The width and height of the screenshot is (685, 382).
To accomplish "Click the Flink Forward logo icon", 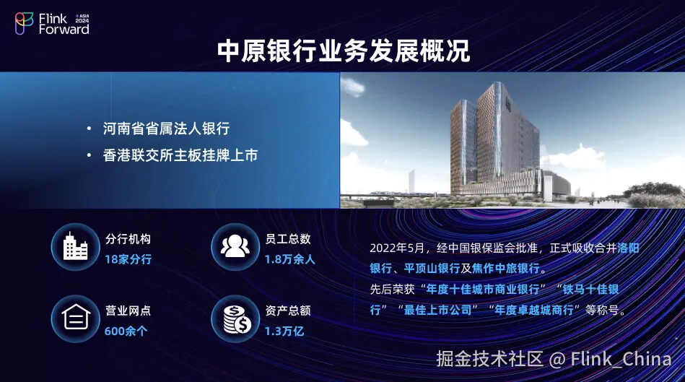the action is tap(24, 23).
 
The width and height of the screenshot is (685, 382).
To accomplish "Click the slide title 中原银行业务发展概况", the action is tap(344, 51).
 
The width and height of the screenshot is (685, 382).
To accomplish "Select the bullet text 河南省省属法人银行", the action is tap(167, 129).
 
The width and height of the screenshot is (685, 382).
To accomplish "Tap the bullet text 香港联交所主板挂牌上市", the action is tap(180, 155).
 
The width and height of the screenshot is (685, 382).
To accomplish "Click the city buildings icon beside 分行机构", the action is tap(76, 247).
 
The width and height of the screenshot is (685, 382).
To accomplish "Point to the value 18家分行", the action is tap(128, 259).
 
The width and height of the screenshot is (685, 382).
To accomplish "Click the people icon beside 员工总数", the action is tap(235, 246).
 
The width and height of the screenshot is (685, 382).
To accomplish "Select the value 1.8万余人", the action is tap(289, 259).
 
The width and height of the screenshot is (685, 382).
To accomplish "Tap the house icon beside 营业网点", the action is tap(76, 318).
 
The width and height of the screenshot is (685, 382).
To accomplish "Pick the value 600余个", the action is tap(126, 331).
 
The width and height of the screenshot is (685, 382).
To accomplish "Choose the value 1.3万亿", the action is tap(284, 331).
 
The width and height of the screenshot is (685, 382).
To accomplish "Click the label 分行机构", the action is tap(128, 239).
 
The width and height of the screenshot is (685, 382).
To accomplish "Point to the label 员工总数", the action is tap(288, 238).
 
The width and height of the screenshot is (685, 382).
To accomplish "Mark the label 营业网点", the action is tap(128, 311).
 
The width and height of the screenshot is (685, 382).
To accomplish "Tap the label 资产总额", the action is tap(288, 311).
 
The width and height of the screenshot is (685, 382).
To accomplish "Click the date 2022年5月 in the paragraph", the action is tap(397, 248).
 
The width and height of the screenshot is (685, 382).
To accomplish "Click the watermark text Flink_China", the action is tap(621, 360).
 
